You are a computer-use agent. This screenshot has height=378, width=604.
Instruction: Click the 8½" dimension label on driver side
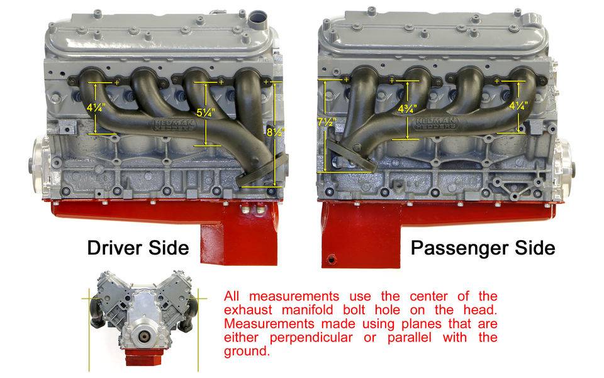pyautogui.click(x=276, y=132)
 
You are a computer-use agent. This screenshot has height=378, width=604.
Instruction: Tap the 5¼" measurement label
pyautogui.click(x=206, y=113)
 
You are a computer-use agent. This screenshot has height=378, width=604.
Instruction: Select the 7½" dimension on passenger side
pyautogui.click(x=327, y=122)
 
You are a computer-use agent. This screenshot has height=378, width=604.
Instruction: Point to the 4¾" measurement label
pyautogui.click(x=407, y=109)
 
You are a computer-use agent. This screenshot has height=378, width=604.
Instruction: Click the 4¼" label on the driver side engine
pyautogui.click(x=95, y=108)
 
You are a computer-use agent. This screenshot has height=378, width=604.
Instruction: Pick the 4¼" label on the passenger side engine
pyautogui.click(x=518, y=105)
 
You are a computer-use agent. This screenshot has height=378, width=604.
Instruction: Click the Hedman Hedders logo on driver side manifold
pyautogui.click(x=174, y=125)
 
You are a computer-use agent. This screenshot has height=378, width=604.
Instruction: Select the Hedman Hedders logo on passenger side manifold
pyautogui.click(x=435, y=123)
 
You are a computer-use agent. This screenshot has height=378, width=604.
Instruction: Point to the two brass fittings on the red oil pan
pyautogui.click(x=252, y=209)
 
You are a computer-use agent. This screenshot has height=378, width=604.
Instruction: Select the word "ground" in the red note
pyautogui.click(x=247, y=352)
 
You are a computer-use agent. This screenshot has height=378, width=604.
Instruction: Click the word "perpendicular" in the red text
pyautogui.click(x=311, y=338)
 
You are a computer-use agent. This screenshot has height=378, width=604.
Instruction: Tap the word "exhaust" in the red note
pyautogui.click(x=248, y=310)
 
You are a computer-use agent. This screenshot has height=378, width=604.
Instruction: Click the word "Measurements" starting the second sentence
pyautogui.click(x=269, y=324)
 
